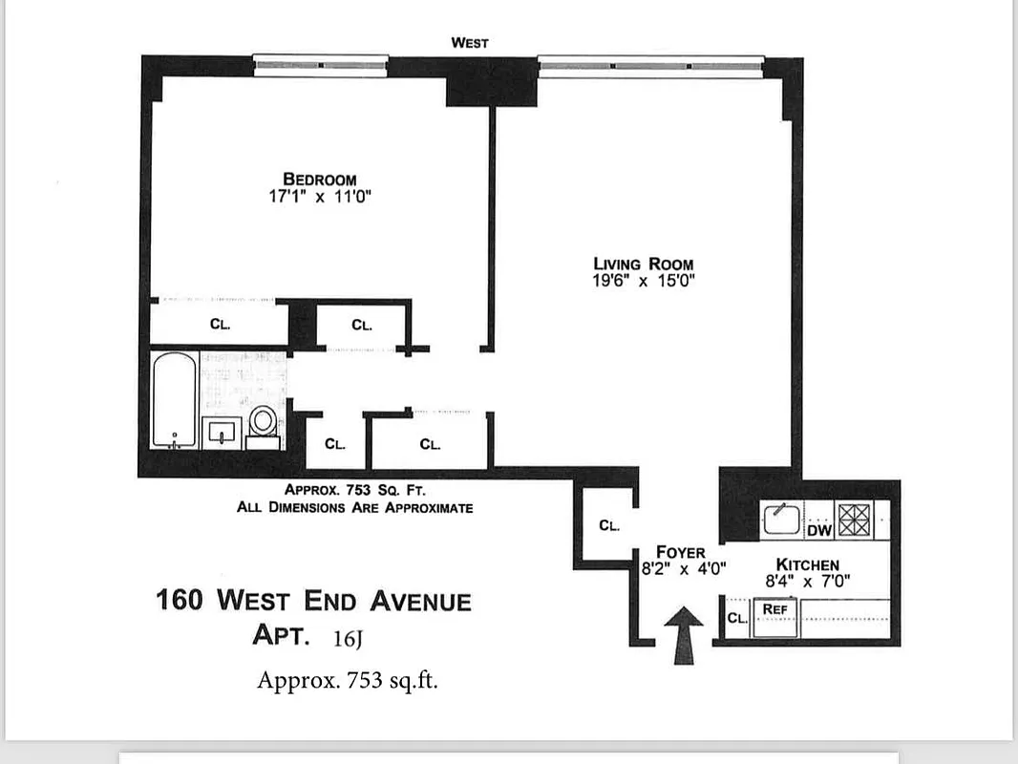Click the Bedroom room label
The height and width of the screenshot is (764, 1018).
click(x=319, y=179)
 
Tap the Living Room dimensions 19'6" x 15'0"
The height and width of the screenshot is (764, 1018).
click(x=643, y=281)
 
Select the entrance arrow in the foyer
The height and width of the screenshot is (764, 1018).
click(x=683, y=635)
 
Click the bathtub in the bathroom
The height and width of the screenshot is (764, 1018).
click(x=176, y=400)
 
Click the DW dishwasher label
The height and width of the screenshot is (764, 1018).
click(x=819, y=530)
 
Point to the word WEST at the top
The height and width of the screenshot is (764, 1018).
click(x=470, y=43)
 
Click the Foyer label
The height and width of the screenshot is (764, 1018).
click(x=681, y=552)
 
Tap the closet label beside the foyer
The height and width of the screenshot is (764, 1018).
click(x=609, y=525)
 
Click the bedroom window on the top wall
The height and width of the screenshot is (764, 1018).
click(x=321, y=65)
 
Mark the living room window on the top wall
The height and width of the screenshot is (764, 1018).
click(x=651, y=65)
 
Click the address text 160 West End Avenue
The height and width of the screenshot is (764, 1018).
click(x=313, y=602)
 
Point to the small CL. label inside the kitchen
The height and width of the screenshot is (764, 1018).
click(x=737, y=618)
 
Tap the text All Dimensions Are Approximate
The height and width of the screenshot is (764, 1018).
click(x=354, y=507)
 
